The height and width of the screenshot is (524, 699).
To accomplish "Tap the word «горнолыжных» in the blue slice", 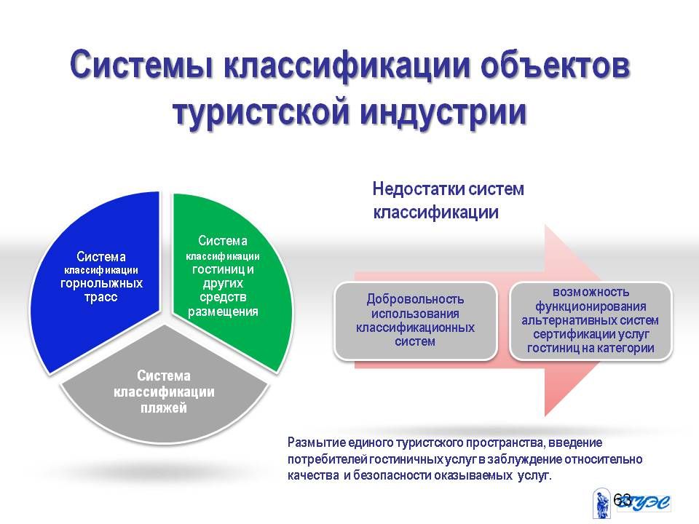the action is tap(101, 283).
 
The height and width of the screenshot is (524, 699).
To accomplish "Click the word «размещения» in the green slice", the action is tap(223, 311).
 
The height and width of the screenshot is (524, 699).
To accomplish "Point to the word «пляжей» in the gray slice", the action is tap(164, 408).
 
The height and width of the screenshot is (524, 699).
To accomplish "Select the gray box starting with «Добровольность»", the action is tap(416, 320).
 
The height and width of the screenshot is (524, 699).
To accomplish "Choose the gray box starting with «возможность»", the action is tap(591, 320).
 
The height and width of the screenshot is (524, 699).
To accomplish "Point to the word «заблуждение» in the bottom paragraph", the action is tap(524, 459).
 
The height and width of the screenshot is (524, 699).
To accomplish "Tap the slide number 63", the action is tap(622, 500).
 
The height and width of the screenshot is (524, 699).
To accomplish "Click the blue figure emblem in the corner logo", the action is tap(602, 504).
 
